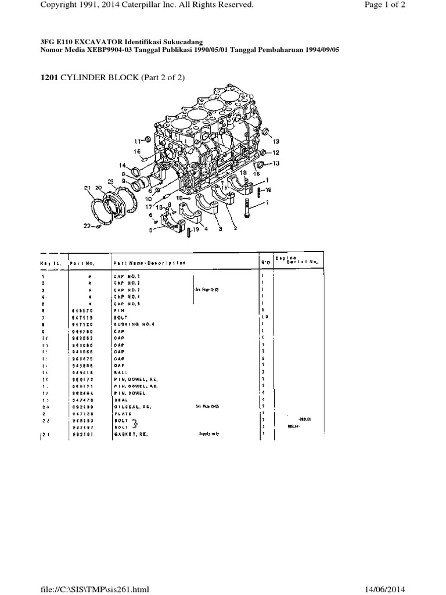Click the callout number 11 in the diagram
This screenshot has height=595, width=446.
137,141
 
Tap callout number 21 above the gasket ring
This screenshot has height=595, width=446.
88,188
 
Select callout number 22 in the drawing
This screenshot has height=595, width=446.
87,226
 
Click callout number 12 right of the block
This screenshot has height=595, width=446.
276,152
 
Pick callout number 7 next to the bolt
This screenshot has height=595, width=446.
267,203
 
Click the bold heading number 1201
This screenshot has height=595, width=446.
49,78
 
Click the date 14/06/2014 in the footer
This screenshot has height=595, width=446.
415,589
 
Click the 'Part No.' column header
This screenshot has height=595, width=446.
82,263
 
